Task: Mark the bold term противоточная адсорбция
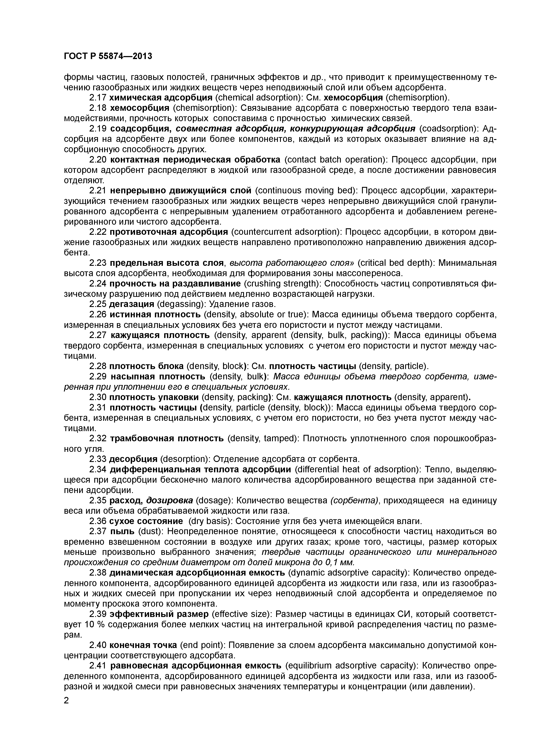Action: [169, 232]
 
